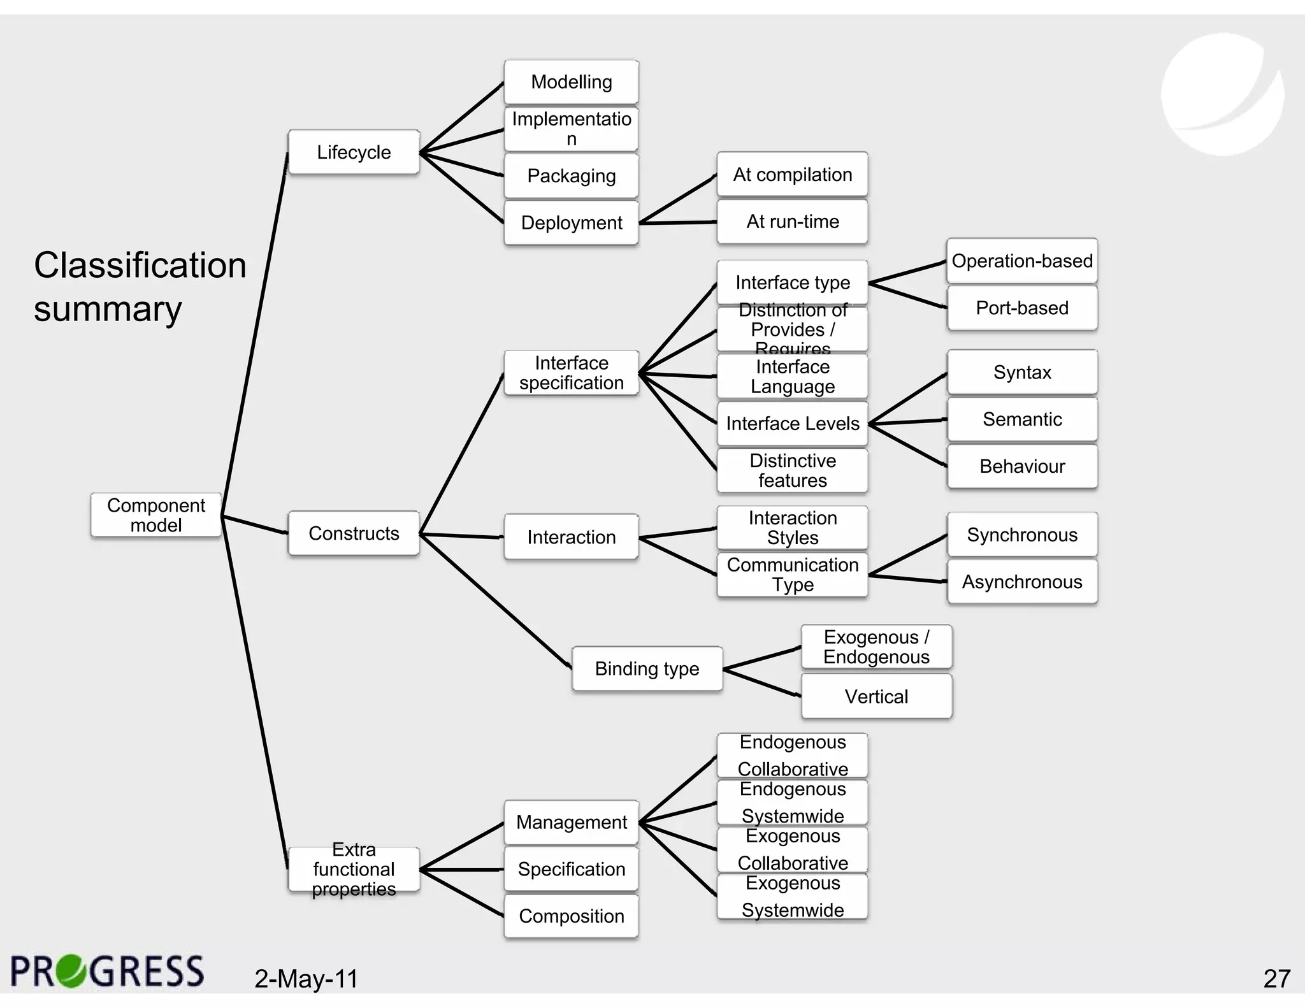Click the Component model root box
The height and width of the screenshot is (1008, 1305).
(x=155, y=515)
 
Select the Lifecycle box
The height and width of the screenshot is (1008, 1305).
(x=354, y=152)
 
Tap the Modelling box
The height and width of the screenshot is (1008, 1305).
(x=571, y=82)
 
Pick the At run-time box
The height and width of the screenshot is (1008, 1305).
(x=792, y=222)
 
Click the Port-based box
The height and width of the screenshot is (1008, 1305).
(x=1021, y=308)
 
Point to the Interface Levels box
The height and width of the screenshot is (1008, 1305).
(x=792, y=423)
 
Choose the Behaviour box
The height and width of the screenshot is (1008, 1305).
(x=1021, y=466)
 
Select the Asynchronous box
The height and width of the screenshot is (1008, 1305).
(x=1021, y=582)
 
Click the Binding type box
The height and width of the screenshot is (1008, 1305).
(x=647, y=668)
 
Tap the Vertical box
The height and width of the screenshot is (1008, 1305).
(x=876, y=696)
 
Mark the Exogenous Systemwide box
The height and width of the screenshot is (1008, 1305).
(x=792, y=896)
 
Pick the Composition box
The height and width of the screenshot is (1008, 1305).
(x=571, y=916)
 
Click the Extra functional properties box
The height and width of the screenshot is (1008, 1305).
(x=354, y=869)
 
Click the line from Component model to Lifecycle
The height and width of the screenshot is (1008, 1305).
(x=255, y=331)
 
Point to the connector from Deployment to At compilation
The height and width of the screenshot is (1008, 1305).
(x=678, y=199)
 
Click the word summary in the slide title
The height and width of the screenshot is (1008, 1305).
(x=108, y=310)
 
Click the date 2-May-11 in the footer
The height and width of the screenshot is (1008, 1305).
(x=306, y=979)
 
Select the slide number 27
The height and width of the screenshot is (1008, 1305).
(x=1276, y=979)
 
